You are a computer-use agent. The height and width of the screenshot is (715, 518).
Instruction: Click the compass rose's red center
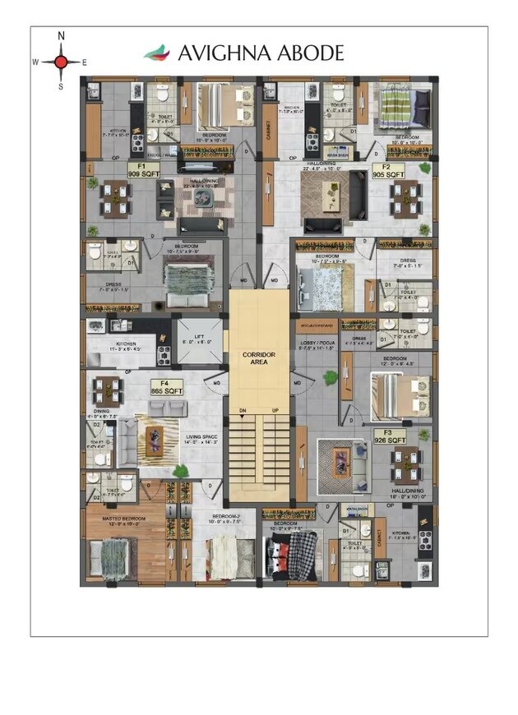click(62, 61)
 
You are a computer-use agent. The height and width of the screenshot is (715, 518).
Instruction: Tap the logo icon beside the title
click(156, 53)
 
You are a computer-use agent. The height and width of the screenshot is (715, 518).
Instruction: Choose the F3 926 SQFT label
click(390, 436)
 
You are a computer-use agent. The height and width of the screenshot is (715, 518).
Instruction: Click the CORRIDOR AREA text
click(258, 357)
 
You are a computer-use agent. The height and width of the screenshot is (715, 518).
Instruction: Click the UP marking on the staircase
click(276, 408)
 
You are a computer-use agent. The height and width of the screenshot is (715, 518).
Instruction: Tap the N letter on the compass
click(62, 36)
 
